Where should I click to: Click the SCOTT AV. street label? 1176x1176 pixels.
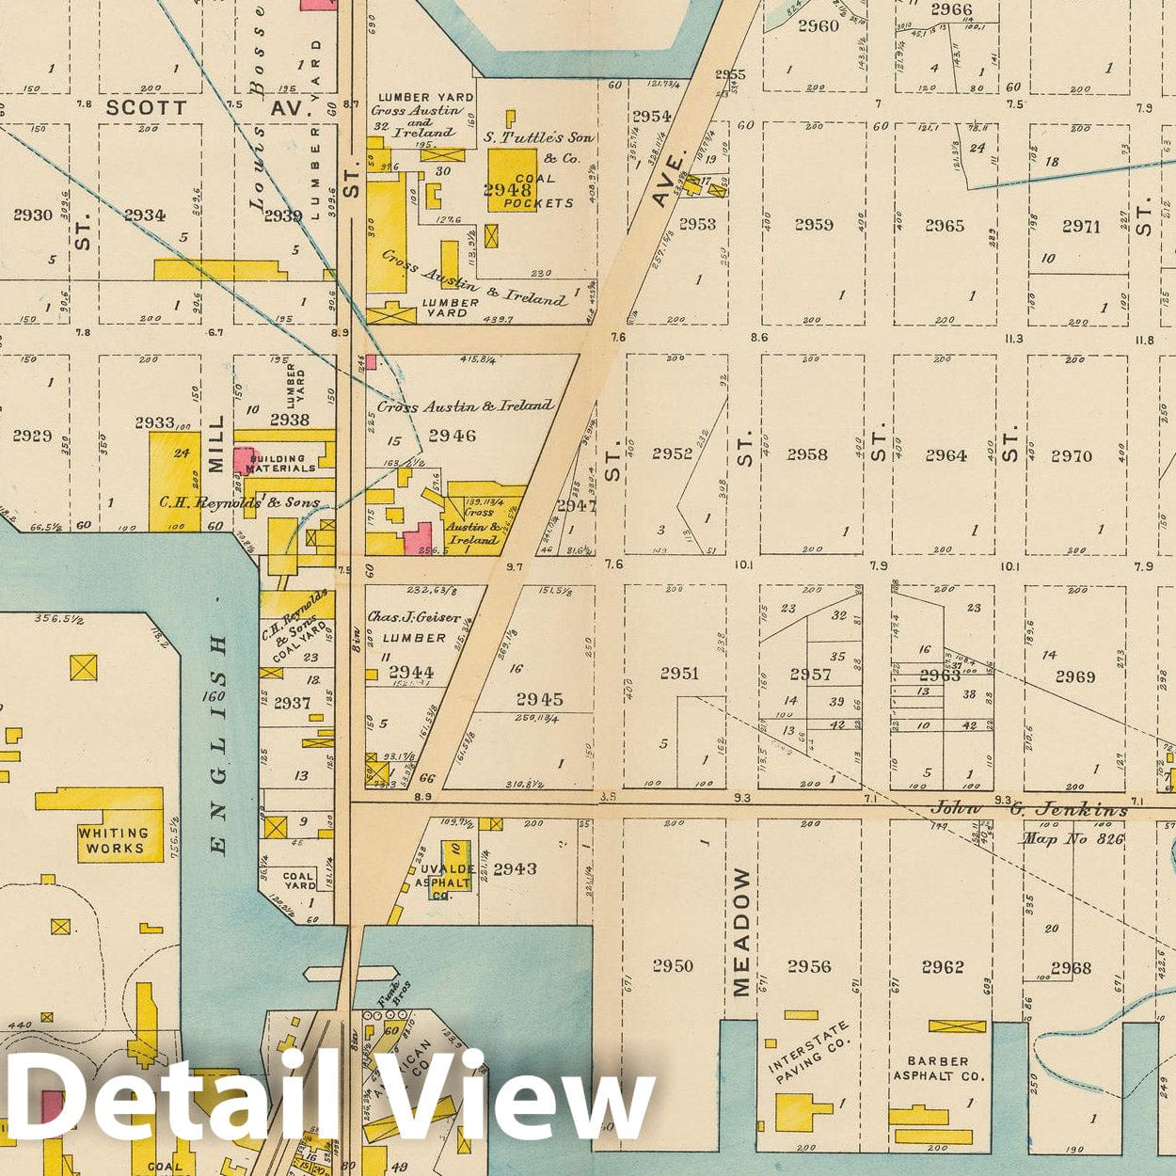[207, 108]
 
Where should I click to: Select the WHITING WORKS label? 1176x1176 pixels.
[112, 840]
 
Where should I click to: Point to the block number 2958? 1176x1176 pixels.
[807, 454]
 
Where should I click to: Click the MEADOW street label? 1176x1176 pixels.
[741, 931]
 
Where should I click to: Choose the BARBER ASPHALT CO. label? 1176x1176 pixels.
[938, 1068]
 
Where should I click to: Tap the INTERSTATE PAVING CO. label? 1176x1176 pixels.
[809, 1053]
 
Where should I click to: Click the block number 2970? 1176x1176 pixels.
[1072, 455]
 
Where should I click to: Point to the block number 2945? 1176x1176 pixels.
[539, 699]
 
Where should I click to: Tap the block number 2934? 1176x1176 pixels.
[144, 215]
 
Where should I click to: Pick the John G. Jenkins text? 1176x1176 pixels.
[1028, 809]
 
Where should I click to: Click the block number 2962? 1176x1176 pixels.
[942, 966]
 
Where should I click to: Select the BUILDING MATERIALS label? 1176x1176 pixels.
[281, 463]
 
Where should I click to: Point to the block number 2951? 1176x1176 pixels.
[679, 673]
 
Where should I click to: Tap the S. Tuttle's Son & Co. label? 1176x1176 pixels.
[539, 147]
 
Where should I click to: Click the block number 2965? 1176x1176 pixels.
[944, 225]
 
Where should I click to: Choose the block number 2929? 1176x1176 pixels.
[32, 436]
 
